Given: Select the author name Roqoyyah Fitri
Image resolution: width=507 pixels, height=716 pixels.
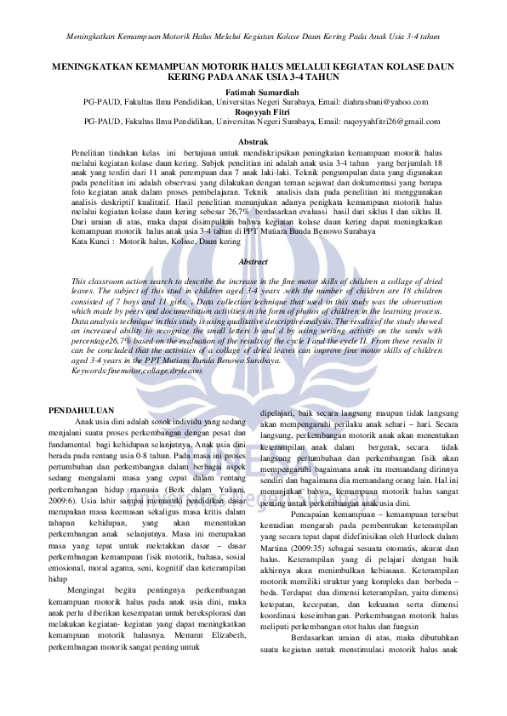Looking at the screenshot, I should point(253,111).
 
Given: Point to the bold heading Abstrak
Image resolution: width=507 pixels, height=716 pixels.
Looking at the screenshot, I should point(253,140).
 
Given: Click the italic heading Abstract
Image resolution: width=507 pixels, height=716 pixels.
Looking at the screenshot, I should point(253,262).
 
